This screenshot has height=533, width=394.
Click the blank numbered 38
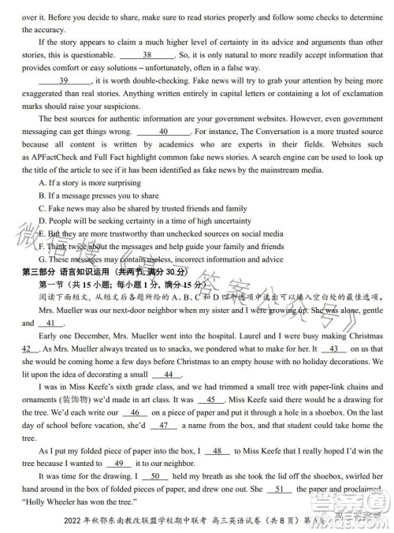click(x=147, y=55)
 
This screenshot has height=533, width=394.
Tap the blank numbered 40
click(x=163, y=132)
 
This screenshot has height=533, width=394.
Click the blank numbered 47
click(x=163, y=425)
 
